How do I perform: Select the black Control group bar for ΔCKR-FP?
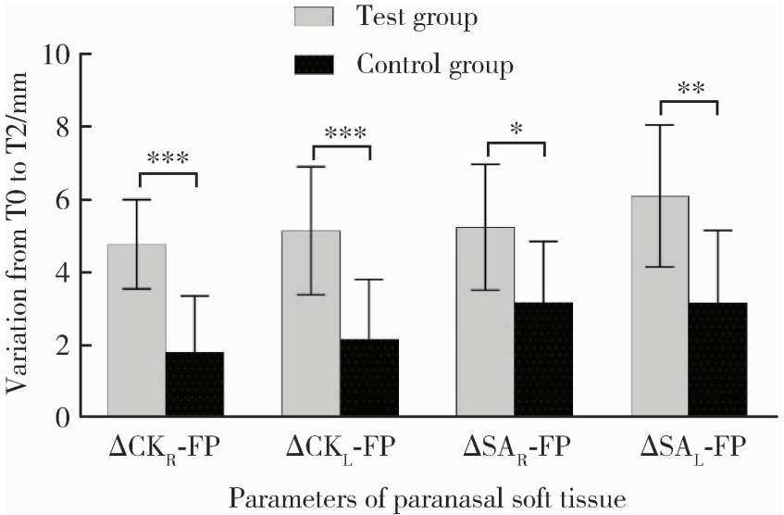click(x=194, y=384)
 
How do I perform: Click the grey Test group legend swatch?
click(x=321, y=18)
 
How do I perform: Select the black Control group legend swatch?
click(x=321, y=66)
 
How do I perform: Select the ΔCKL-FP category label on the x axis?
click(x=340, y=448)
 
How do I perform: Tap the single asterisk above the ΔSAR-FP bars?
click(x=516, y=126)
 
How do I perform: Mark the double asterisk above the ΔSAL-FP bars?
click(x=690, y=88)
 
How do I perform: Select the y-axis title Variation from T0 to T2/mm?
click(x=19, y=236)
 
